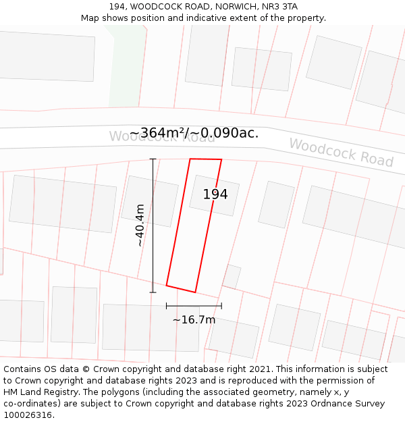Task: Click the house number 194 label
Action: click(215, 194)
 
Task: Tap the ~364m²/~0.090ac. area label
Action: click(194, 133)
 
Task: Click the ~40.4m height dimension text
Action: click(140, 226)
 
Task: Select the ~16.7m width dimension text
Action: click(194, 319)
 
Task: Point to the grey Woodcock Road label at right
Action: click(341, 153)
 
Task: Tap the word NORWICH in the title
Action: click(228, 7)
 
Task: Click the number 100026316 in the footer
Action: click(28, 415)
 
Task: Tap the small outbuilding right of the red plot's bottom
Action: click(232, 275)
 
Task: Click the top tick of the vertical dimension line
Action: click(153, 159)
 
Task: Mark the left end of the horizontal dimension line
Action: click(167, 306)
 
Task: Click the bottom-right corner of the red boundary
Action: click(195, 292)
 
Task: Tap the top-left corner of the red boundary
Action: click(190, 159)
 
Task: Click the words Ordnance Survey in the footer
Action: click(348, 404)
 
